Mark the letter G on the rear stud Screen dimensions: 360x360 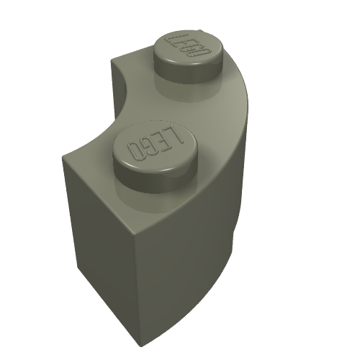pos(194,50)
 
